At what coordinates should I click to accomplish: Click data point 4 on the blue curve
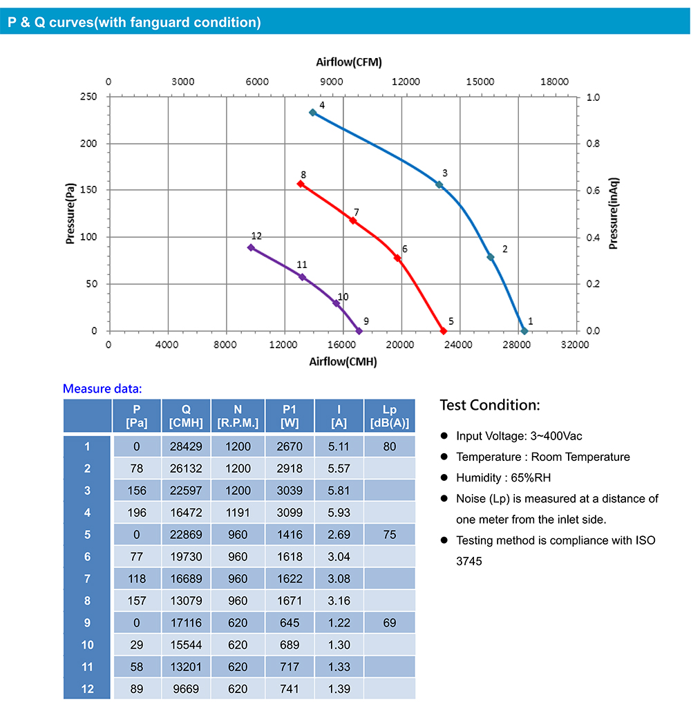coord(312,112)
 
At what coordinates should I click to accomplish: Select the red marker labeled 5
coord(444,331)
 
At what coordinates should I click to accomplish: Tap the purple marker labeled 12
coord(251,247)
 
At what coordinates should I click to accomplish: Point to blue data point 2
coord(491,257)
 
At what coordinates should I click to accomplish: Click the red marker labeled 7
coord(353,220)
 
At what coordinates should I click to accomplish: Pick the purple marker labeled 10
coord(337,303)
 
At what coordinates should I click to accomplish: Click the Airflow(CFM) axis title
coord(349,62)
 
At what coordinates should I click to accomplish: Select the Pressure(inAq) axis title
coord(613,214)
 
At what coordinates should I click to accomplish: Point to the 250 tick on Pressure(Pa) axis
coord(88,97)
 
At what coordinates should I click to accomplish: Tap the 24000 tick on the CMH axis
coord(458,344)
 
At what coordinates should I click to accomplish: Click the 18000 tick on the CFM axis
coord(555,82)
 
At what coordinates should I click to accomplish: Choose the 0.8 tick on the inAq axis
coord(594,144)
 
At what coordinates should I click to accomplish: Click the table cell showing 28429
coord(186,446)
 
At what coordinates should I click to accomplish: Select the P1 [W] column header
coord(290,416)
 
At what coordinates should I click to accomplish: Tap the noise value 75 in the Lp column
coord(390,535)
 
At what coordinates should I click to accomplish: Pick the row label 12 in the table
coord(87,689)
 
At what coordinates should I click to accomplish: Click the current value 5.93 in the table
coord(339,513)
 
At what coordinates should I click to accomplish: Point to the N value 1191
coord(238,513)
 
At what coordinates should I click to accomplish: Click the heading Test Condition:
coord(490,405)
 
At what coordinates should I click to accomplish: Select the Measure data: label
coord(102,388)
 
